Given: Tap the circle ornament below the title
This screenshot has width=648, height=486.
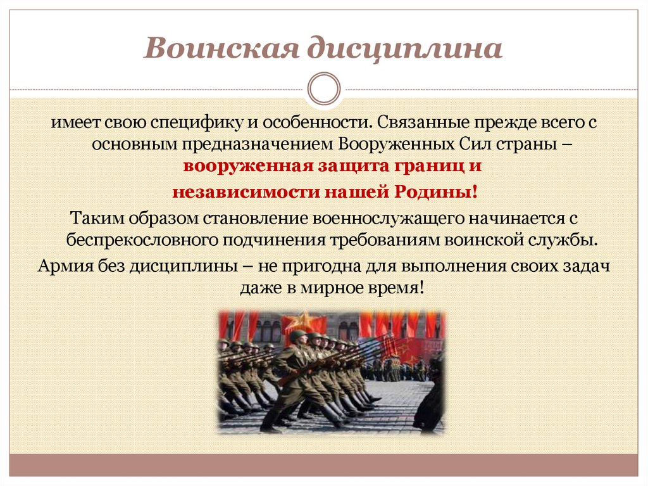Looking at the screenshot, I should [323, 89].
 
